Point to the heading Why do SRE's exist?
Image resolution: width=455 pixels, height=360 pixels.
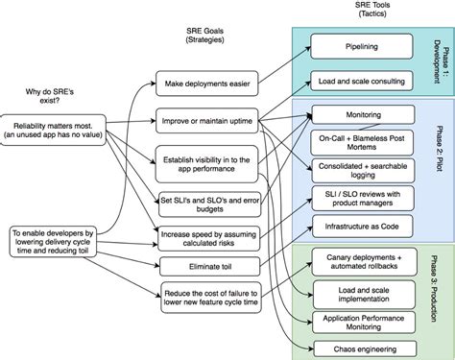coord(54,95)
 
